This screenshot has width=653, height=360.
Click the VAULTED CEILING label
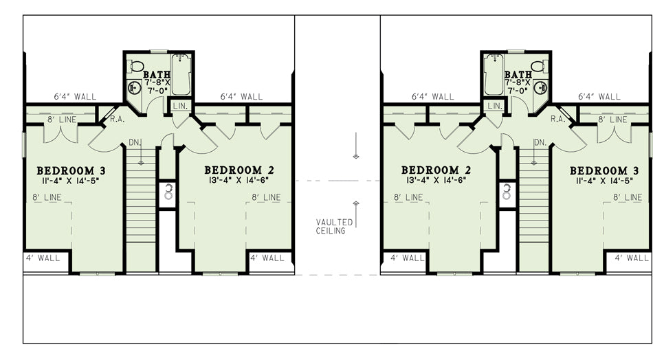(x=334, y=227)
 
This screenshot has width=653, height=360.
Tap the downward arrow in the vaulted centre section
(x=355, y=146)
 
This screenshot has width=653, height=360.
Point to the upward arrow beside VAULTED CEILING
(x=355, y=214)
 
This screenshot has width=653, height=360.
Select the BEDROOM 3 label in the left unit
(x=71, y=170)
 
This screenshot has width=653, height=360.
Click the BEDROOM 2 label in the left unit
(x=239, y=170)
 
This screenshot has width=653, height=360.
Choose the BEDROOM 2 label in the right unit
(x=436, y=170)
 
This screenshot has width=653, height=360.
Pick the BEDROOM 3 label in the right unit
(x=604, y=170)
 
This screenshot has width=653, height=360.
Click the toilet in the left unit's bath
(x=136, y=66)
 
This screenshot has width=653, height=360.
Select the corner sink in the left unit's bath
(x=134, y=88)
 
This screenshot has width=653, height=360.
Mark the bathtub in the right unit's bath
(x=494, y=74)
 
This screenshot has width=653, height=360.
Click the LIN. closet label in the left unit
(x=180, y=106)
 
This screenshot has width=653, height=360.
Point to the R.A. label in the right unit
(x=557, y=119)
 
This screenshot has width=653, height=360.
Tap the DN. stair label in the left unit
(x=135, y=142)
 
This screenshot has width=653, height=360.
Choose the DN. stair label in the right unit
(x=540, y=142)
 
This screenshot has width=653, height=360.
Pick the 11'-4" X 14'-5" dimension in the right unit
(x=604, y=181)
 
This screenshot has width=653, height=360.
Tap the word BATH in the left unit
(x=157, y=74)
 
